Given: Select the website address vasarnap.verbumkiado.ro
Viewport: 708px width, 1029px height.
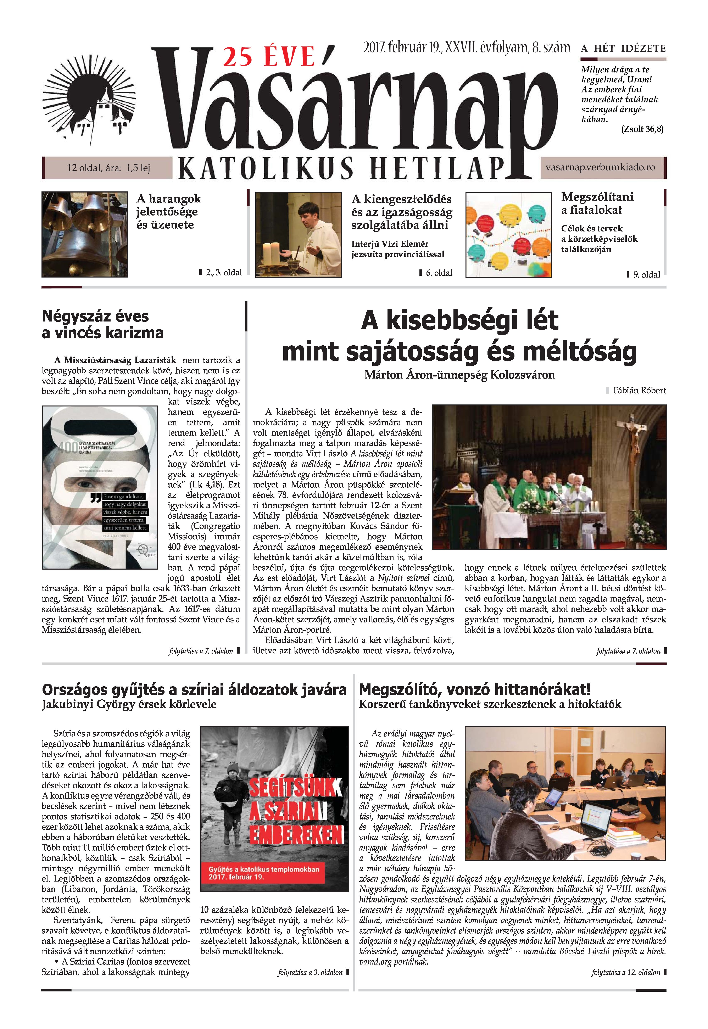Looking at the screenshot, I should pyautogui.click(x=600, y=168).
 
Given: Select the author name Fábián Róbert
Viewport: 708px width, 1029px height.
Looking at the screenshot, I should pyautogui.click(x=639, y=390).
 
